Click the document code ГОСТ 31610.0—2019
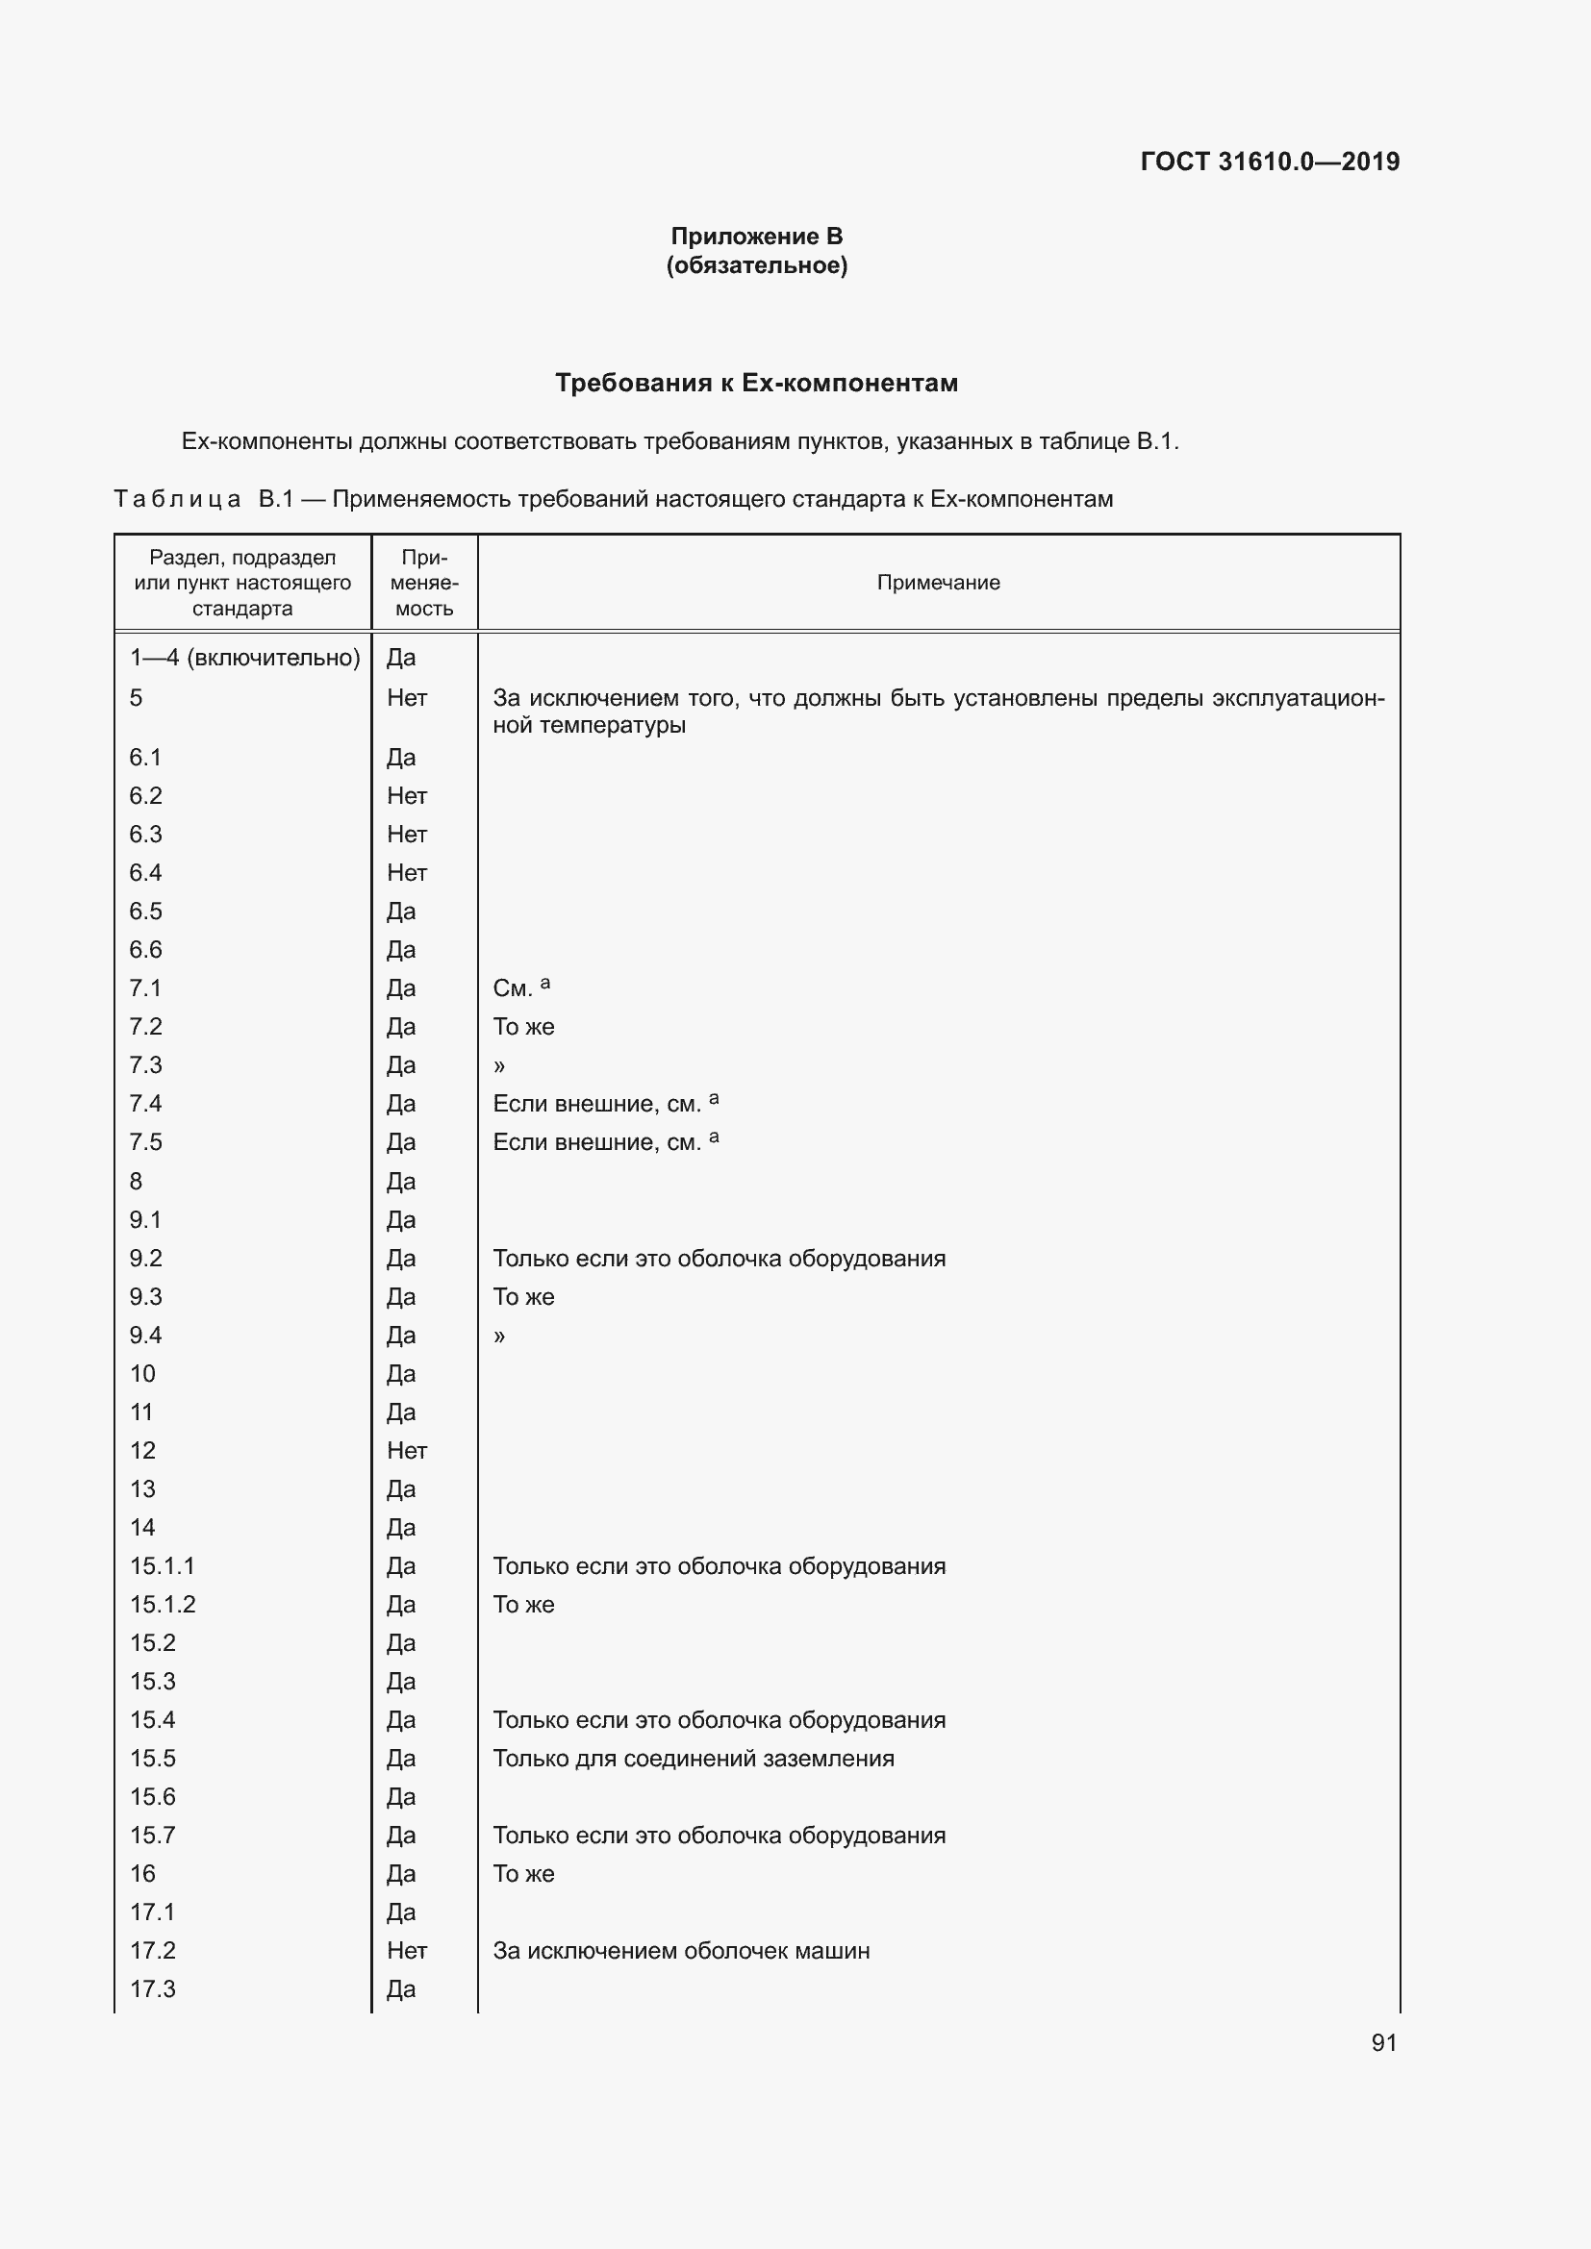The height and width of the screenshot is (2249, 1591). (x=1270, y=162)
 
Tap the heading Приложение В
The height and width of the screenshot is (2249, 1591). (x=756, y=237)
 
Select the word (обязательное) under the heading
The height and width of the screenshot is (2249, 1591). (x=756, y=265)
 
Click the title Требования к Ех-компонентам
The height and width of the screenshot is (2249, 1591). (x=756, y=383)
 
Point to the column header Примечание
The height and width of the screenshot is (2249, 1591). (x=938, y=583)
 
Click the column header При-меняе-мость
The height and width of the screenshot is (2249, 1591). (x=424, y=583)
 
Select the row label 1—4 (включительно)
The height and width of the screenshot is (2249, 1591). (x=245, y=658)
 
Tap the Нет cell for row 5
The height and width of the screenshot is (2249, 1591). (x=407, y=697)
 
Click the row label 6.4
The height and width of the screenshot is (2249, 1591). (x=146, y=873)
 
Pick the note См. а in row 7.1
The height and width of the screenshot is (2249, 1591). (x=521, y=987)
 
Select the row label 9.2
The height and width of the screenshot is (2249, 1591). (x=146, y=1258)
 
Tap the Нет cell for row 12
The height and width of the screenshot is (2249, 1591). (x=407, y=1450)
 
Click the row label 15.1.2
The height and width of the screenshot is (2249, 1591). (x=163, y=1605)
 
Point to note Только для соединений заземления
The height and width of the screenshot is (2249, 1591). (x=693, y=1759)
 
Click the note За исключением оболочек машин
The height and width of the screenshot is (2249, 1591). (x=681, y=1950)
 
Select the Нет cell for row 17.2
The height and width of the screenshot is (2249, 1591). (x=407, y=1950)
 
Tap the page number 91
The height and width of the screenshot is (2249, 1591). (x=1383, y=2042)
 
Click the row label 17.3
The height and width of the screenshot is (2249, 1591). (x=153, y=1988)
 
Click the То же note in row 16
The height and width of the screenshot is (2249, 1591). (x=523, y=1873)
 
